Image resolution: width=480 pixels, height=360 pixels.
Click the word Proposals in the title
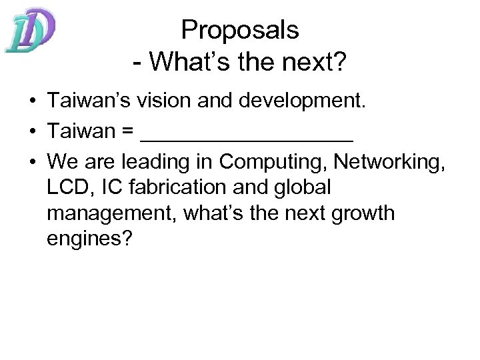[x=240, y=29]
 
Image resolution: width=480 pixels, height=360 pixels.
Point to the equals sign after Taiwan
[x=127, y=132]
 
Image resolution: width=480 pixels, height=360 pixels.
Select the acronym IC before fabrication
[x=110, y=188]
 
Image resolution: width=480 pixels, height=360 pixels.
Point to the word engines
[x=91, y=239]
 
